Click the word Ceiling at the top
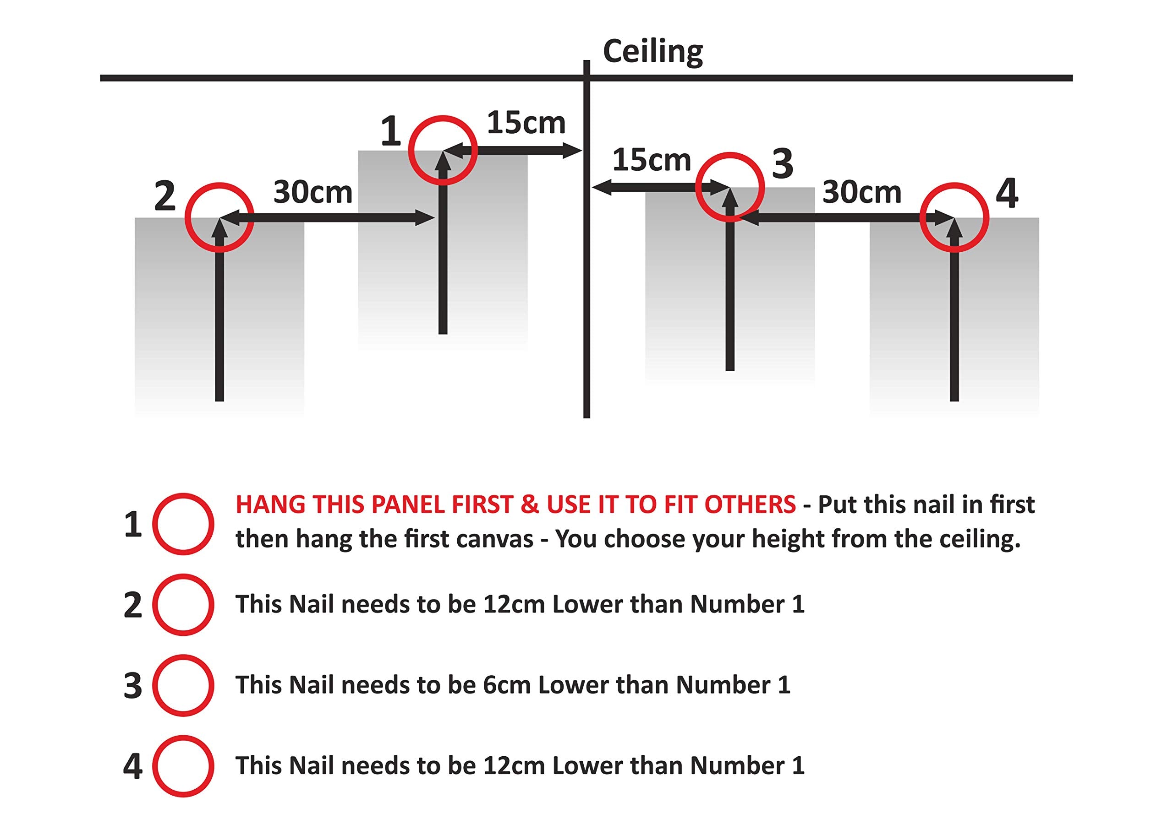point(652,52)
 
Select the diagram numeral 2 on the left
point(164,196)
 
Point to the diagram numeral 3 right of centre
point(783,164)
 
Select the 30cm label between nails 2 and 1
point(313,192)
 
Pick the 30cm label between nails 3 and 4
point(862,192)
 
